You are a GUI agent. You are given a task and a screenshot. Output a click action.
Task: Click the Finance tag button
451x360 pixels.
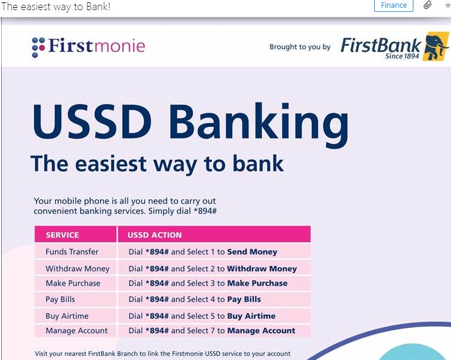393,5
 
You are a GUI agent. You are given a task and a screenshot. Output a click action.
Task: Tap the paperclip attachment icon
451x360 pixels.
427,5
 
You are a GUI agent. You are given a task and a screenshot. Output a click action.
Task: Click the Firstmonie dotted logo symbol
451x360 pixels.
38,48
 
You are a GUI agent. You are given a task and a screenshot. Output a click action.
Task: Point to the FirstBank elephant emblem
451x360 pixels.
436,46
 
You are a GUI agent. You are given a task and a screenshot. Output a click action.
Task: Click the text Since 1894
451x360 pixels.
402,56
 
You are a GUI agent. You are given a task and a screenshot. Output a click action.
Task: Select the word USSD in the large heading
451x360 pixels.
92,122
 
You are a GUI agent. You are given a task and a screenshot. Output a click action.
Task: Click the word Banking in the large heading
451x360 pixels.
259,125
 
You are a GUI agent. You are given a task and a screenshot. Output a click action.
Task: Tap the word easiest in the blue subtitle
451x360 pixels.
111,164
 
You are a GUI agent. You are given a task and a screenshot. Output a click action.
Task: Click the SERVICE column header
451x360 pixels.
63,235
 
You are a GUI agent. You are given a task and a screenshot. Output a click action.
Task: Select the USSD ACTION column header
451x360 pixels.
155,235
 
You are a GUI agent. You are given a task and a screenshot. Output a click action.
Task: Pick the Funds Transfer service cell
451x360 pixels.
72,252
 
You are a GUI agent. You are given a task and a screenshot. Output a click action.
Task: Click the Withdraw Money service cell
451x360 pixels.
77,268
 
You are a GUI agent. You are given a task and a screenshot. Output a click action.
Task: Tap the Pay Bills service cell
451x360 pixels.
60,299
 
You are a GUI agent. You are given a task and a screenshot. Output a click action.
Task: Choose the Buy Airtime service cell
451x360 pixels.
67,316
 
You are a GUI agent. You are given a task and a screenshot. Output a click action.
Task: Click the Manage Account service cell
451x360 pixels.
76,331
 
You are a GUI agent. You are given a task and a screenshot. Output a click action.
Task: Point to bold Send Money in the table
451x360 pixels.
252,252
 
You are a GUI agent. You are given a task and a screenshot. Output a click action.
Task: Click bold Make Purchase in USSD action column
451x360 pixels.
257,283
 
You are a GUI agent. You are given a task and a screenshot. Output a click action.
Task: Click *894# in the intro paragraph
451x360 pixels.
205,211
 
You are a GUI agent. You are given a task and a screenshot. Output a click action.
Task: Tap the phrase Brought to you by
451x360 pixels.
300,47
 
